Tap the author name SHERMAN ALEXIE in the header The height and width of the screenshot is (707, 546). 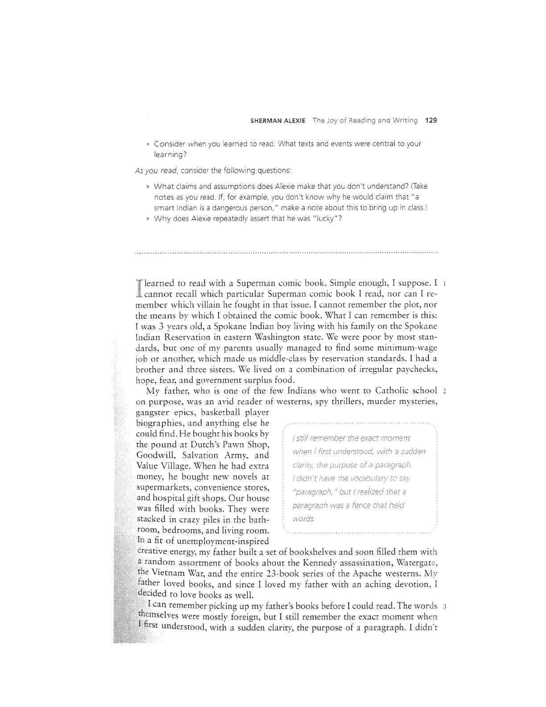[274, 121]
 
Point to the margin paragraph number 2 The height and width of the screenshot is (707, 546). [445, 391]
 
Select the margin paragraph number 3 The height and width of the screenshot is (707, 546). [445, 607]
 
